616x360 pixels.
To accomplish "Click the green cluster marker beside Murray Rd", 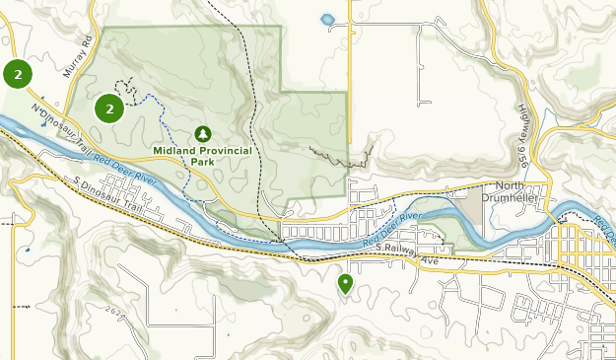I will point(17,73).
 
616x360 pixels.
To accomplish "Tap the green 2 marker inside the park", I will point(109,108).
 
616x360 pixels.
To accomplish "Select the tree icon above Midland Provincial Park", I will point(203,133).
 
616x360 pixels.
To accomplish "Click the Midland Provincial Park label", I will point(203,156).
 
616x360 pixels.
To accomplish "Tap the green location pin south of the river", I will point(346,284).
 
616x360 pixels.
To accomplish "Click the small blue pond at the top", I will point(327,19).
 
